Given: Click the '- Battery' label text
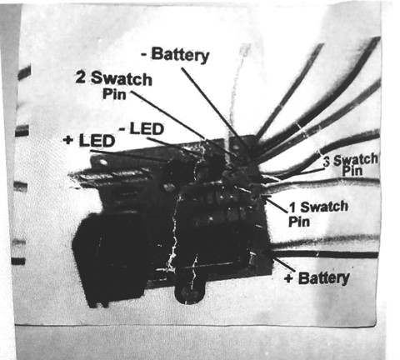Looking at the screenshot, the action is pyautogui.click(x=175, y=55).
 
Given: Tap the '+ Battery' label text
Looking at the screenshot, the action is pyautogui.click(x=317, y=277).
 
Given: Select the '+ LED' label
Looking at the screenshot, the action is pyautogui.click(x=89, y=140).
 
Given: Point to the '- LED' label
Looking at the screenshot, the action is pyautogui.click(x=142, y=129).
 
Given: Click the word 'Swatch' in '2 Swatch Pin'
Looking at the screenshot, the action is pyautogui.click(x=122, y=78).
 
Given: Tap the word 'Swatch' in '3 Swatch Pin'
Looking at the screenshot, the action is pyautogui.click(x=356, y=160).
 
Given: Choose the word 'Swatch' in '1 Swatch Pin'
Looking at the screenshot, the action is pyautogui.click(x=324, y=207).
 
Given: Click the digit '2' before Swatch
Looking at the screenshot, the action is pyautogui.click(x=81, y=77).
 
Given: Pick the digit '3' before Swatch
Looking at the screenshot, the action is pyautogui.click(x=327, y=162).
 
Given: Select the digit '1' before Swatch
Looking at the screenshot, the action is pyautogui.click(x=292, y=207).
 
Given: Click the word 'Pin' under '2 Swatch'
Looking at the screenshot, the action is pyautogui.click(x=114, y=93).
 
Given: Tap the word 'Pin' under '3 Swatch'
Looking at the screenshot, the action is pyautogui.click(x=352, y=171).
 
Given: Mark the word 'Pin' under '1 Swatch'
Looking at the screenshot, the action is pyautogui.click(x=299, y=222).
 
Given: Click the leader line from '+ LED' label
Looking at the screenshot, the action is pyautogui.click(x=129, y=156).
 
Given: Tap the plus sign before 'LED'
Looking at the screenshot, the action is pyautogui.click(x=67, y=140).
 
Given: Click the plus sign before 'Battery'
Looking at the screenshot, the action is pyautogui.click(x=289, y=278).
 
